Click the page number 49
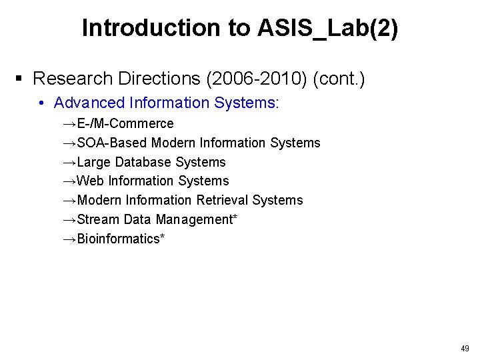[465, 348]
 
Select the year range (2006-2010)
[257, 79]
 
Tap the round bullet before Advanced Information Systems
[41, 103]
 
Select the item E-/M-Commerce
[125, 123]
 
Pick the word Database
[143, 162]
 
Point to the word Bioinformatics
[118, 239]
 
